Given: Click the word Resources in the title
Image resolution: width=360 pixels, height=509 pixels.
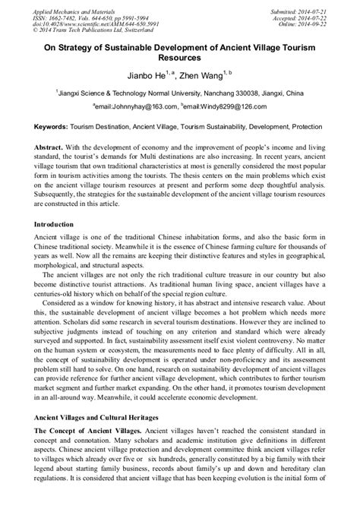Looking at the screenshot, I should click(179, 57).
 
